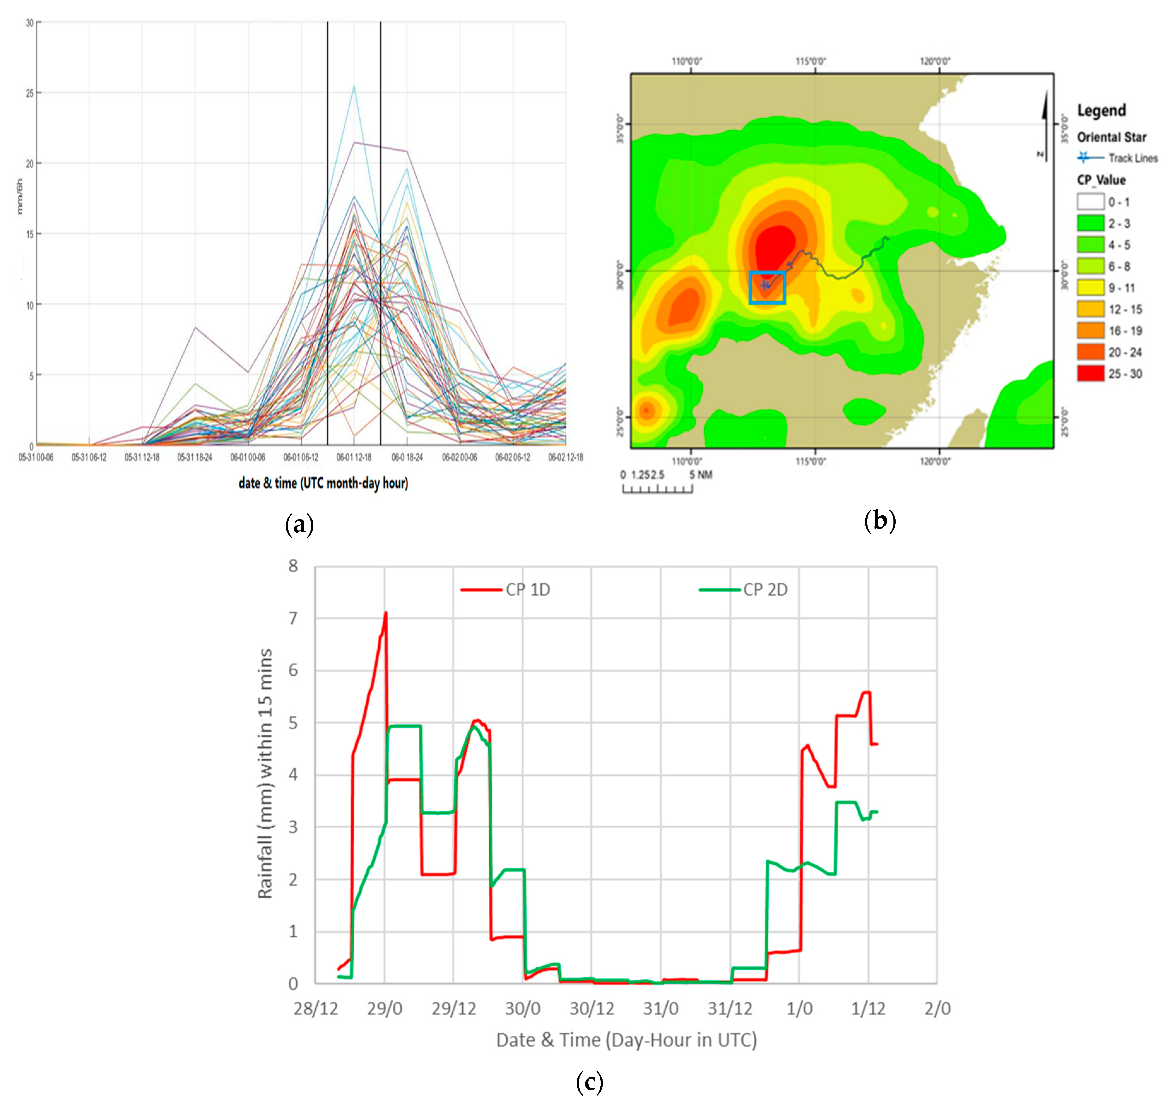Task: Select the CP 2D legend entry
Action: (765, 589)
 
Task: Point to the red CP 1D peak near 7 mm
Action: (386, 614)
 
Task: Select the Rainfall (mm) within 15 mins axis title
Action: (265, 773)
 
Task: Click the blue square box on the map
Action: (767, 287)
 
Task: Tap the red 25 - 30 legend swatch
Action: (1090, 374)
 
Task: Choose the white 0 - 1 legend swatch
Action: (1090, 202)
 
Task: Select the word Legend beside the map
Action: (1101, 110)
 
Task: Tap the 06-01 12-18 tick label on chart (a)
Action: (354, 457)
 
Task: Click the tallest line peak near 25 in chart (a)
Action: (354, 87)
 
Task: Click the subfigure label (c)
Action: (589, 1082)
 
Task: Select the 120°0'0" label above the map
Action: (935, 61)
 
